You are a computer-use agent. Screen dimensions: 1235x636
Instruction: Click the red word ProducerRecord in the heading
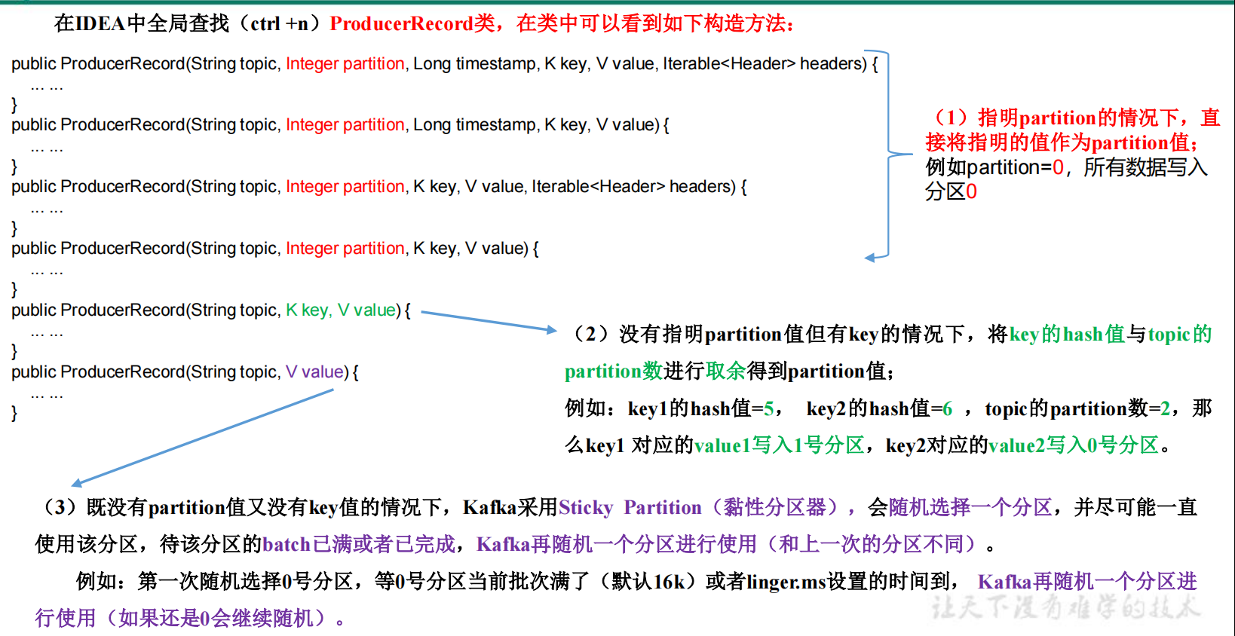point(401,23)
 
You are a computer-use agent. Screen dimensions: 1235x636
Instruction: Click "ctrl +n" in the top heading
point(279,23)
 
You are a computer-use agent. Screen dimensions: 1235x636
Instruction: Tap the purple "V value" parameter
point(315,372)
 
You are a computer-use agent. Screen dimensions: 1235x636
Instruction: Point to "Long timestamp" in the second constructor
point(474,124)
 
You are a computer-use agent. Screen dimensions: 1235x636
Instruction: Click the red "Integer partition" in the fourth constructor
point(345,248)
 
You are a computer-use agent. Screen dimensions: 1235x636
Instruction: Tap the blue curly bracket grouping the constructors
point(888,154)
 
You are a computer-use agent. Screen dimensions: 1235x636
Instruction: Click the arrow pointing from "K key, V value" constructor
point(489,321)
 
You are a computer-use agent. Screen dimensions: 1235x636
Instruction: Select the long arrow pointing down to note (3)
point(202,438)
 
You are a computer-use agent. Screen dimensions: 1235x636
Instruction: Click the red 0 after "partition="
point(1058,167)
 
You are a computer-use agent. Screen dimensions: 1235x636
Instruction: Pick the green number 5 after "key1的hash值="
point(768,408)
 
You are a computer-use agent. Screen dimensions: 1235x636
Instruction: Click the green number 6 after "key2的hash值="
point(947,408)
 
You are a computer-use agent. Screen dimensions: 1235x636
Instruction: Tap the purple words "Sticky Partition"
point(630,507)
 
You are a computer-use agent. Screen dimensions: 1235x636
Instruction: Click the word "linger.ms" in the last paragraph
point(786,581)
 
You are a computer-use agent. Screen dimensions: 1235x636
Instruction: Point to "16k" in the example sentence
point(669,581)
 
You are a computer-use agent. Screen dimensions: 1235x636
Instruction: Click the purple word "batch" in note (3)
point(287,544)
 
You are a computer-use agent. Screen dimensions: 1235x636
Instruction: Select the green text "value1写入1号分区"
point(779,445)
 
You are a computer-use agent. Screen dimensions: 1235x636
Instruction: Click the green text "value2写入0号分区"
point(1074,445)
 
